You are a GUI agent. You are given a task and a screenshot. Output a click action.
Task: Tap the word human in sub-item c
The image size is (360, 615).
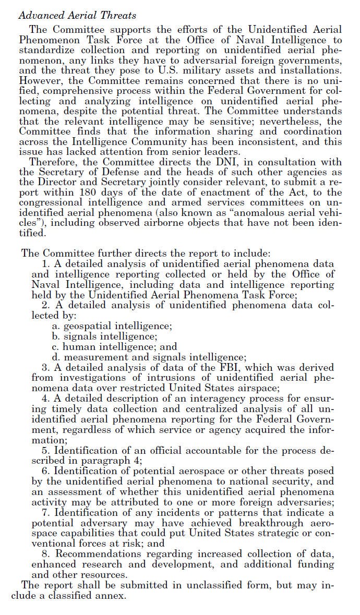(77, 346)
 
